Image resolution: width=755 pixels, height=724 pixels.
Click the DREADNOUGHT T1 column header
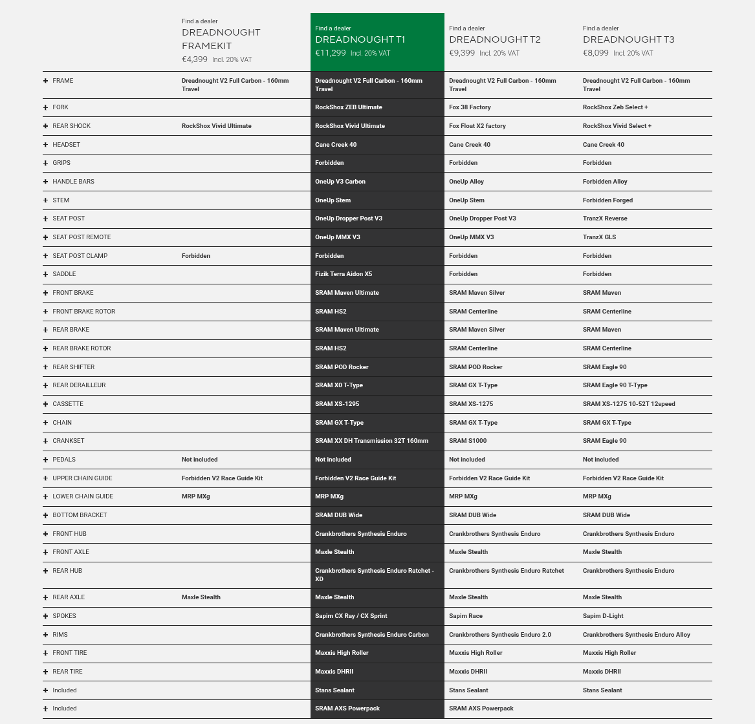360,39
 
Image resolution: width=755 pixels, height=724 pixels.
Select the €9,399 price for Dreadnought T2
462,53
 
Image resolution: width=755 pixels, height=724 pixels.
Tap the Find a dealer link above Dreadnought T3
600,28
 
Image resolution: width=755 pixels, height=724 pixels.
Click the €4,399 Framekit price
195,59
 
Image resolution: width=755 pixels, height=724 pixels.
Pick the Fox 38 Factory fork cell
470,107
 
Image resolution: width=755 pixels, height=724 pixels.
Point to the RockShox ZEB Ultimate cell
349,107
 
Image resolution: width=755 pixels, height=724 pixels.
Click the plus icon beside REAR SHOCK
46,126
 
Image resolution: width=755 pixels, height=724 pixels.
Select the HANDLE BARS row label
73,182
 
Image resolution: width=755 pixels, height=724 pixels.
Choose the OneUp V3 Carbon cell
340,182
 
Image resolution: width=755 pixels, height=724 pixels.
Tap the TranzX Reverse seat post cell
605,218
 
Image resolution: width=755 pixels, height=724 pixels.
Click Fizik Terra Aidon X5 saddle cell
344,274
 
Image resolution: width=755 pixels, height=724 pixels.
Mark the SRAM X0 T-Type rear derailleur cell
339,385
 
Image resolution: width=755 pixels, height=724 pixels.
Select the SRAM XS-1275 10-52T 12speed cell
629,404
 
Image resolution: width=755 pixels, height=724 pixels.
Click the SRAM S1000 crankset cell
468,441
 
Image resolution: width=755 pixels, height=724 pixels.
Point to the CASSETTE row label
68,404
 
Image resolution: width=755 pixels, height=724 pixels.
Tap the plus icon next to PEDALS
46,460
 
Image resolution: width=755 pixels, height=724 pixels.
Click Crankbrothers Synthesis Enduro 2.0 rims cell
500,635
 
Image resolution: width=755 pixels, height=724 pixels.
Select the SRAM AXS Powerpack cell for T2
481,708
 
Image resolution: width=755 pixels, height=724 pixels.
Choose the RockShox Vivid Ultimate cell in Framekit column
217,126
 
